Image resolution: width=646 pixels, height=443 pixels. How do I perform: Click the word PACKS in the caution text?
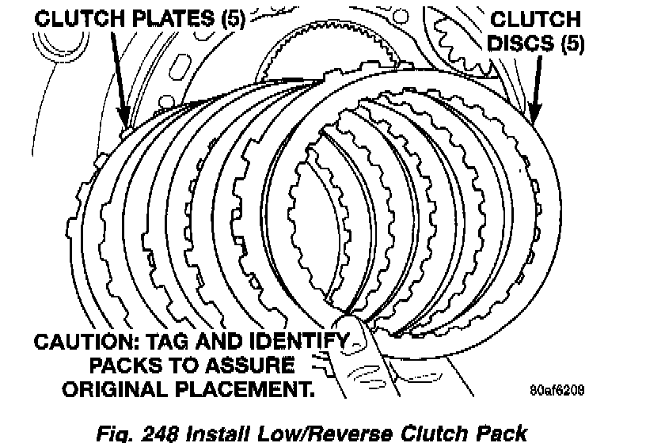tap(124, 365)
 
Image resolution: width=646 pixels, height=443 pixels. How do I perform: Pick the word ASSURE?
tap(249, 365)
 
